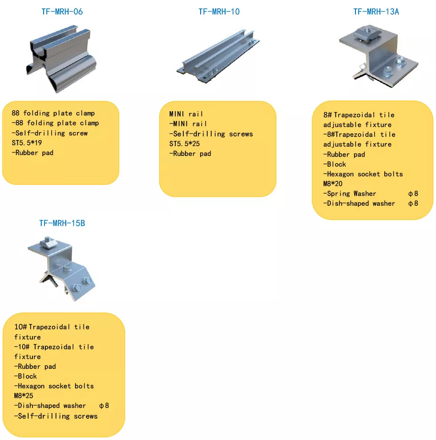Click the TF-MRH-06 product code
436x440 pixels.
coord(62,12)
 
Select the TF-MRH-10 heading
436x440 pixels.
coord(219,12)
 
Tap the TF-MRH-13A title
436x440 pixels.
coord(376,12)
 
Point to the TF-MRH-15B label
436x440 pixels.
coord(62,223)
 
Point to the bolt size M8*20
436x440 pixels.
coord(333,184)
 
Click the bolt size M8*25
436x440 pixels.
coord(24,396)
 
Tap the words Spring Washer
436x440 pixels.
coord(351,193)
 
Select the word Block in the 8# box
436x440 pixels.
coord(336,164)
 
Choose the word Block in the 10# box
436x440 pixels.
coord(28,376)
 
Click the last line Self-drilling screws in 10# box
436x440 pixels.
coord(57,416)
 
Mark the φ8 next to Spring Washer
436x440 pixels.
coord(413,193)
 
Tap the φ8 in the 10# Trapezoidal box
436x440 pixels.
coord(104,405)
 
